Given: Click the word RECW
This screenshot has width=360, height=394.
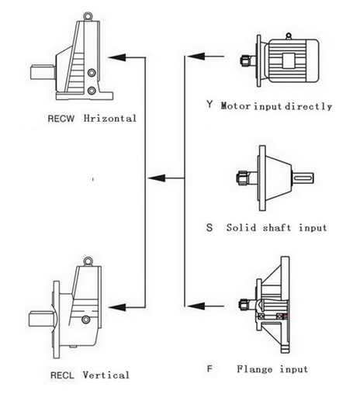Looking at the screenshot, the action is pos(61,119).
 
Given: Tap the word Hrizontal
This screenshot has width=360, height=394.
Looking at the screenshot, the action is pos(110,118).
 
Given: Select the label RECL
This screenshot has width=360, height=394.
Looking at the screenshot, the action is pos(62,375).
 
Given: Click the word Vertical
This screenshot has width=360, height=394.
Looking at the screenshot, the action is pos(106,375).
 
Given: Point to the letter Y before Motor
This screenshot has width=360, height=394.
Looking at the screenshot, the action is pos(209,105).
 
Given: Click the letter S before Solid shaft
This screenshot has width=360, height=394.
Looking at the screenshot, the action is pos(209,227).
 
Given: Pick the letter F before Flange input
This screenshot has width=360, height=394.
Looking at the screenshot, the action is pos(209,368).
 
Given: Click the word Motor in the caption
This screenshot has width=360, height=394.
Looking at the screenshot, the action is pos(235,106).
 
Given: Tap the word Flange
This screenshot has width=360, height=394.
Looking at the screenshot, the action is pos(254,369).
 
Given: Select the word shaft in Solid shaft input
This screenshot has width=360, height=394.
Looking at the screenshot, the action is pos(277,228).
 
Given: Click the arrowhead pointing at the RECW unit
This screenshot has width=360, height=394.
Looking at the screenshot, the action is pos(117,57).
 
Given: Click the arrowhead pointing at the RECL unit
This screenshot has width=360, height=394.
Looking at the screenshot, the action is pos(117,307).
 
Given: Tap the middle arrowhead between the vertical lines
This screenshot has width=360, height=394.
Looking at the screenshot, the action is pos(156,178).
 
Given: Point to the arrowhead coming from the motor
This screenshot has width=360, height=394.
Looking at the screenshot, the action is pos(196,56).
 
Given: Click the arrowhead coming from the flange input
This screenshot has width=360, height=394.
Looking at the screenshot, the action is pos(196,306).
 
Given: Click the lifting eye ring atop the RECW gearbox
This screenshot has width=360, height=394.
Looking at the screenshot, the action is pos(88,16).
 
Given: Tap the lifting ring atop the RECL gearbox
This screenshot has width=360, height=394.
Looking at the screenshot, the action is pos(88,261).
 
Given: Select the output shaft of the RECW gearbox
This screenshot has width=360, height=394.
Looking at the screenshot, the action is pos(43,73).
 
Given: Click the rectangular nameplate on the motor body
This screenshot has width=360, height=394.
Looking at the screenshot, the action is pos(289,60).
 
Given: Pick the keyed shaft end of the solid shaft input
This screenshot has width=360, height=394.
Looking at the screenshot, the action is pos(303,178).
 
